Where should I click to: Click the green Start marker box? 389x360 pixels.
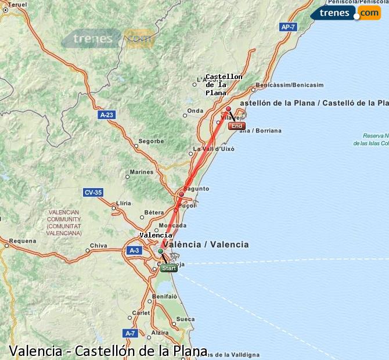169,268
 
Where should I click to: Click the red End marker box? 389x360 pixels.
237,126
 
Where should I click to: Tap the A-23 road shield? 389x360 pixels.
106,116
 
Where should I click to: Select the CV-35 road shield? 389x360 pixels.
93,192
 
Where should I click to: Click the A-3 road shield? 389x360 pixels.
134,250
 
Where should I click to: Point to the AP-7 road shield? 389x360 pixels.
288,27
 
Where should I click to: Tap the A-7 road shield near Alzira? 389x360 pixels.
130,333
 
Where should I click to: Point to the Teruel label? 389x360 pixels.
18,4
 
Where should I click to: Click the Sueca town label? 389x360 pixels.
185,319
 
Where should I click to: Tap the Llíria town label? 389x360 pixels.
124,203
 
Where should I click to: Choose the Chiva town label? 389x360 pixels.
99,246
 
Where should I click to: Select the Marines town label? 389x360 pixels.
142,172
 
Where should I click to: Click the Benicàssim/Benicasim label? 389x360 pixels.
289,85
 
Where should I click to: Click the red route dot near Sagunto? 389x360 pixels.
182,195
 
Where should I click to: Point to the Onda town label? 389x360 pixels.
195,111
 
